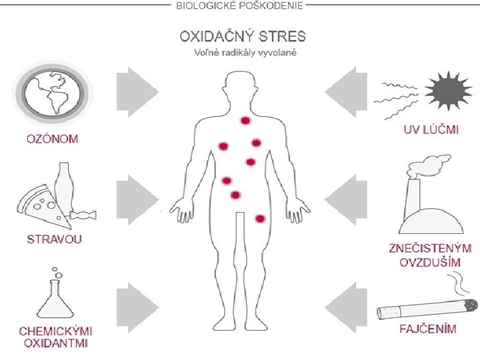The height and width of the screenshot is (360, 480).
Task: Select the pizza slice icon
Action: tap(41, 205)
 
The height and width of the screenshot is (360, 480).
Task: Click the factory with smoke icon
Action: tap(428, 197)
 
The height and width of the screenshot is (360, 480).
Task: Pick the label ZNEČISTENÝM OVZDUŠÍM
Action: tap(430, 255)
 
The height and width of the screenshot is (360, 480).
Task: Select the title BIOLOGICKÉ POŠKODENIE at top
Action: tap(240, 6)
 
